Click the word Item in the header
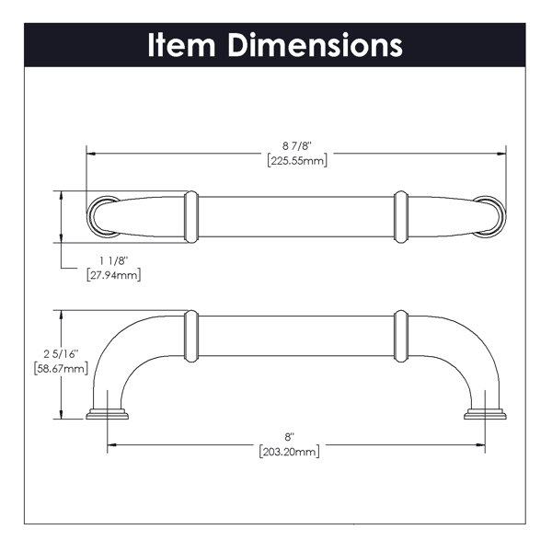(181, 45)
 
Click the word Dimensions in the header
(315, 45)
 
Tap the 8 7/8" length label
(297, 145)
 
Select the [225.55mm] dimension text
(297, 160)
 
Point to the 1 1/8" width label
(113, 261)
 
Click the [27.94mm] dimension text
(113, 274)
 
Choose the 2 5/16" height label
(61, 354)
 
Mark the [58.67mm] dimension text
(61, 369)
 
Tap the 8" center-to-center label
(290, 437)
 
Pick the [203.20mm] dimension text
(290, 452)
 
